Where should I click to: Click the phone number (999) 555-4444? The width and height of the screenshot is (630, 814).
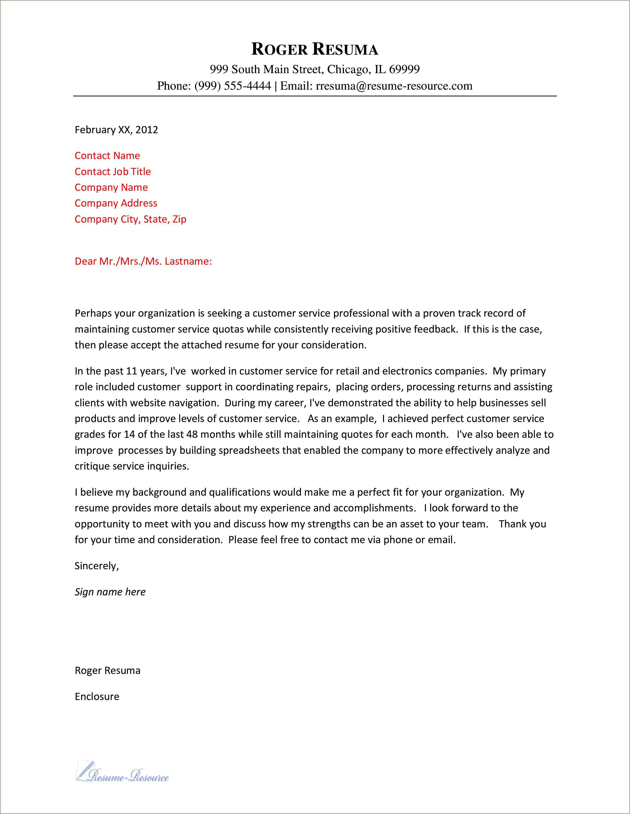pos(233,86)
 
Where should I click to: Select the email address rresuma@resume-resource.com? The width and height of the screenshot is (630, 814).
pos(394,86)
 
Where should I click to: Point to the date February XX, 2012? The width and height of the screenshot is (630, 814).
pos(116,130)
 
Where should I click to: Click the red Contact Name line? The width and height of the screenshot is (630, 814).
pos(107,156)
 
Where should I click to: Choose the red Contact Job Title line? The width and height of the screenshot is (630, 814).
pos(113,172)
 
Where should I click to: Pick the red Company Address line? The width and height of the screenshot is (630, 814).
pos(116,203)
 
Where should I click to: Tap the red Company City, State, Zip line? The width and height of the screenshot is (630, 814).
pos(130,219)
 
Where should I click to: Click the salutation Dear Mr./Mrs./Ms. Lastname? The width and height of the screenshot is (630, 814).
pos(143,261)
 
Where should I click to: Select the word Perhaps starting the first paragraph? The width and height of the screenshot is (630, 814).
pos(93,313)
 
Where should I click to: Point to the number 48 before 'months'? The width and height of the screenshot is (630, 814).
pos(192,435)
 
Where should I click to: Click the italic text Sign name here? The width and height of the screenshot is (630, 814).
pos(110,592)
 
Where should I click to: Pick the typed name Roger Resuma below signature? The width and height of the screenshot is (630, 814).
pos(107,670)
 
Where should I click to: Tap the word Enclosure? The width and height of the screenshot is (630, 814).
pos(97,697)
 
